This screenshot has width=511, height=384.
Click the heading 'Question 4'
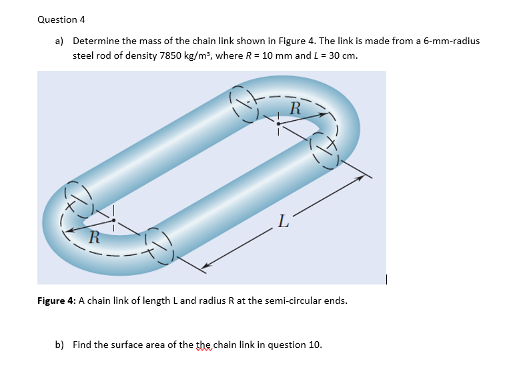click(61, 19)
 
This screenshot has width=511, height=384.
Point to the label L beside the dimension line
click(283, 222)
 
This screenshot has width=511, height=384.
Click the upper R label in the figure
click(296, 107)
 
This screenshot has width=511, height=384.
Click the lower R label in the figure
click(95, 235)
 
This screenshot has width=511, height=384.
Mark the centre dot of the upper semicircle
click(278, 124)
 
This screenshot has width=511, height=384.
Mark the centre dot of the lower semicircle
click(114, 220)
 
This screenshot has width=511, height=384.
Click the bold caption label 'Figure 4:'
click(57, 301)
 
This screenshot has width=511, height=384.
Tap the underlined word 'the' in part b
click(206, 345)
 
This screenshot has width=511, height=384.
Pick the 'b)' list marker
click(60, 345)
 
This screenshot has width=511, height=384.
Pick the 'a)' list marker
click(60, 41)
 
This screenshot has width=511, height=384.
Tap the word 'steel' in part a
click(83, 55)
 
